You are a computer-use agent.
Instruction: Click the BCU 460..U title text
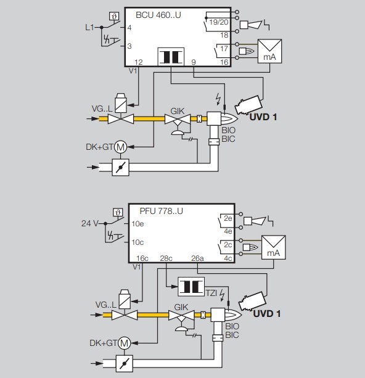pyautogui.click(x=158, y=15)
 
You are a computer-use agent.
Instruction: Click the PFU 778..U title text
pyautogui.click(x=162, y=211)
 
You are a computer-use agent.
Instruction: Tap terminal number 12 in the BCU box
pyautogui.click(x=139, y=62)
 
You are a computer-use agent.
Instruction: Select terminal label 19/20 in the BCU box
pyautogui.click(x=219, y=22)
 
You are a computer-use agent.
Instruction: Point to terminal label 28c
pyautogui.click(x=166, y=258)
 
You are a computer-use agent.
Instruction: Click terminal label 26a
pyautogui.click(x=197, y=258)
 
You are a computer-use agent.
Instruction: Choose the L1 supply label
pyautogui.click(x=89, y=27)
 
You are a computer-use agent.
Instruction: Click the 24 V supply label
pyautogui.click(x=89, y=223)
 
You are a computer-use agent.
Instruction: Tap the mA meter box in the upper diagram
pyautogui.click(x=269, y=51)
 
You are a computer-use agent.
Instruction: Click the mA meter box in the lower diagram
pyautogui.click(x=273, y=247)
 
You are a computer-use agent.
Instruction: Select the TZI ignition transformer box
pyautogui.click(x=191, y=287)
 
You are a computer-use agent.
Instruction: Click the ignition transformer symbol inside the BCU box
pyautogui.click(x=171, y=57)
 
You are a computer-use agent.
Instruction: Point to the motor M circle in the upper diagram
pyautogui.click(x=121, y=147)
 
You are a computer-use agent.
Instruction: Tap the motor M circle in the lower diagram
pyautogui.click(x=124, y=343)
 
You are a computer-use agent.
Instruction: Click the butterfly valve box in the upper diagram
pyautogui.click(x=121, y=167)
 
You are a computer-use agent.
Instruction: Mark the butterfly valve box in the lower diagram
pyautogui.click(x=125, y=364)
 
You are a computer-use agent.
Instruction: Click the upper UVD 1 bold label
pyautogui.click(x=263, y=117)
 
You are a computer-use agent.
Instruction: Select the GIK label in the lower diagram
pyautogui.click(x=181, y=307)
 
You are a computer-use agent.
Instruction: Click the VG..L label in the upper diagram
pyautogui.click(x=102, y=109)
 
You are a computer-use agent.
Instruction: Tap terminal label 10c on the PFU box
pyautogui.click(x=137, y=242)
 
